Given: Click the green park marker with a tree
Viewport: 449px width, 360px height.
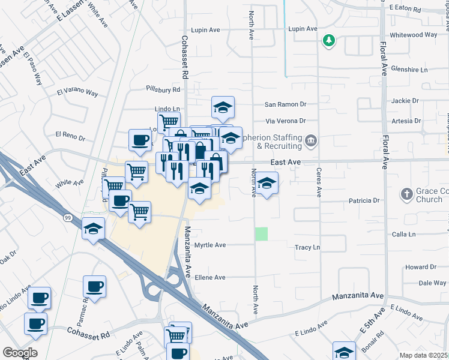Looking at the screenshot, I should tap(328, 41).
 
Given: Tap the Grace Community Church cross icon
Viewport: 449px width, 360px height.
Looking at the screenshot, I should tap(406, 194).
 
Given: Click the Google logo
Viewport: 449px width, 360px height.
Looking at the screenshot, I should tap(20, 352).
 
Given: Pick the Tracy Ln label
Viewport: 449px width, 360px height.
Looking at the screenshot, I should tap(307, 247).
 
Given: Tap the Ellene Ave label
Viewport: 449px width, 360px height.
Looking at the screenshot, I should tap(209, 277).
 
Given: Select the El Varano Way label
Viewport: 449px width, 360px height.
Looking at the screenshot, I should tap(77, 92).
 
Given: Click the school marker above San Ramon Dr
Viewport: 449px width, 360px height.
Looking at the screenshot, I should tap(223, 107).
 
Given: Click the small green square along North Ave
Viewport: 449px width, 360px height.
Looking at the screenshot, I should tap(261, 234).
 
